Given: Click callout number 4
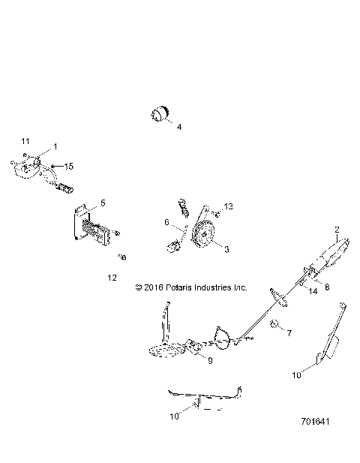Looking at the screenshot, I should [x=178, y=128].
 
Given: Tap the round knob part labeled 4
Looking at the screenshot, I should [x=159, y=114].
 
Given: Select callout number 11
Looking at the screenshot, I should [x=25, y=141].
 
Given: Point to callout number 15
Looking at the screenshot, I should [x=69, y=165].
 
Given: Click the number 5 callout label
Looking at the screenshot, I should [x=103, y=203].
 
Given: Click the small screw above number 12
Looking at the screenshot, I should [x=122, y=257].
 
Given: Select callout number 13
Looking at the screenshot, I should [x=229, y=206].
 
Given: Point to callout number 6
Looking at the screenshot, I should [x=166, y=223].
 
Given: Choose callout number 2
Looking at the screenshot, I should [x=337, y=229].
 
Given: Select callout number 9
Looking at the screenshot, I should [x=209, y=361].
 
